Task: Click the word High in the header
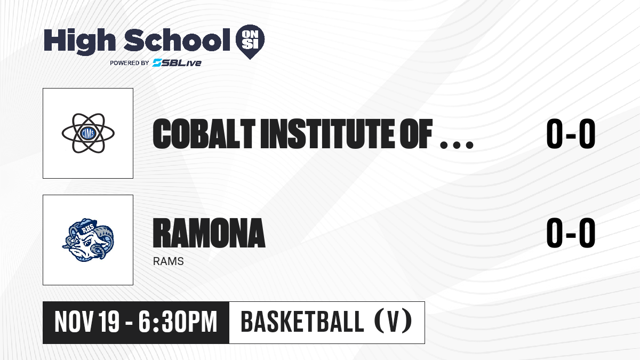tap(79, 41)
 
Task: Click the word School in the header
tap(177, 40)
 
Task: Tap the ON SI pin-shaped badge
tap(250, 42)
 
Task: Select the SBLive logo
tap(177, 62)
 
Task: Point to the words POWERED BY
tap(130, 63)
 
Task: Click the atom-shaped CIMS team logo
tap(88, 133)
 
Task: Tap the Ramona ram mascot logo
tap(88, 240)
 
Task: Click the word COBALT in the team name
tap(204, 134)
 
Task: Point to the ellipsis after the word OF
tap(457, 145)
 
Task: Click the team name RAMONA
tap(209, 233)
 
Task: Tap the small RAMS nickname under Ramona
tap(169, 261)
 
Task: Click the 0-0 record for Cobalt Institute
tap(571, 134)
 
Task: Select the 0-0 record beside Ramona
tap(571, 233)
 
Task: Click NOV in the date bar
tap(74, 322)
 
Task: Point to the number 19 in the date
tap(109, 322)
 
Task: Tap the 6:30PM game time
tap(178, 322)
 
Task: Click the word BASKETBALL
tap(302, 322)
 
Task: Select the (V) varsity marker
tap(393, 322)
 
